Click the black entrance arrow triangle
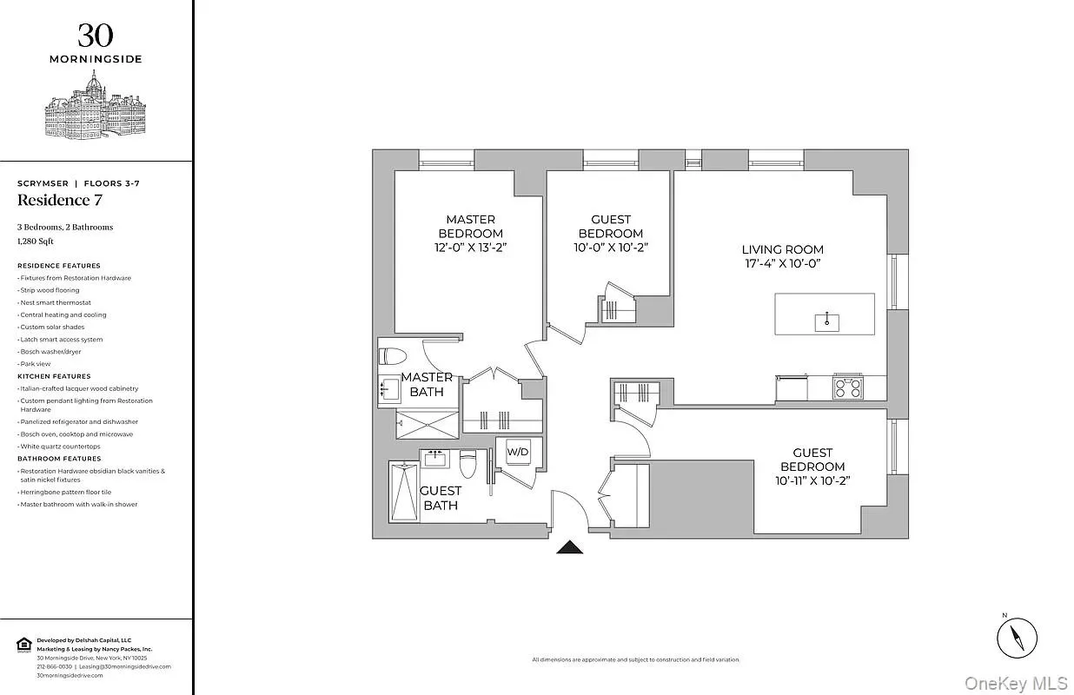[569, 546]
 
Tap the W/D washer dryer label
[517, 453]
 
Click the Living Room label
[782, 249]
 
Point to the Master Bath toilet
[392, 356]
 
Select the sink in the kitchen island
[826, 322]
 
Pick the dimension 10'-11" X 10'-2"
[812, 480]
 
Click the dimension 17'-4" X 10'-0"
[782, 263]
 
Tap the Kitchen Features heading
[54, 376]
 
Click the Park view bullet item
[36, 364]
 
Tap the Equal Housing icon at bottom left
[23, 644]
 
